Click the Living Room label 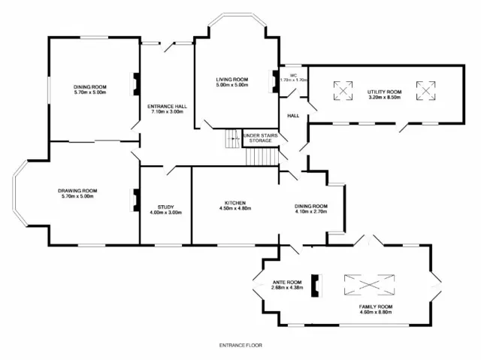(232, 80)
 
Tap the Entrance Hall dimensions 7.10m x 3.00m (167, 112)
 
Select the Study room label (165, 207)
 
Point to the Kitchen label (235, 203)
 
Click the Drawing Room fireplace (136, 200)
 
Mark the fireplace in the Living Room (274, 82)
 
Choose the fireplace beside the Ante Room (316, 286)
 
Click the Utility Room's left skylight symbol (343, 90)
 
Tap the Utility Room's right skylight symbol (426, 90)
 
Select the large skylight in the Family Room (369, 285)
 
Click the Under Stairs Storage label (261, 138)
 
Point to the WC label (293, 75)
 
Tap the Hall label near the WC (293, 116)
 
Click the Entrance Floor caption (240, 345)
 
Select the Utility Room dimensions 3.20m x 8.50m (384, 98)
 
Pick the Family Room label (376, 307)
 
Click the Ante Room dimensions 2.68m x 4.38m (287, 288)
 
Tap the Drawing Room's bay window (19, 194)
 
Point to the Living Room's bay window (237, 18)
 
